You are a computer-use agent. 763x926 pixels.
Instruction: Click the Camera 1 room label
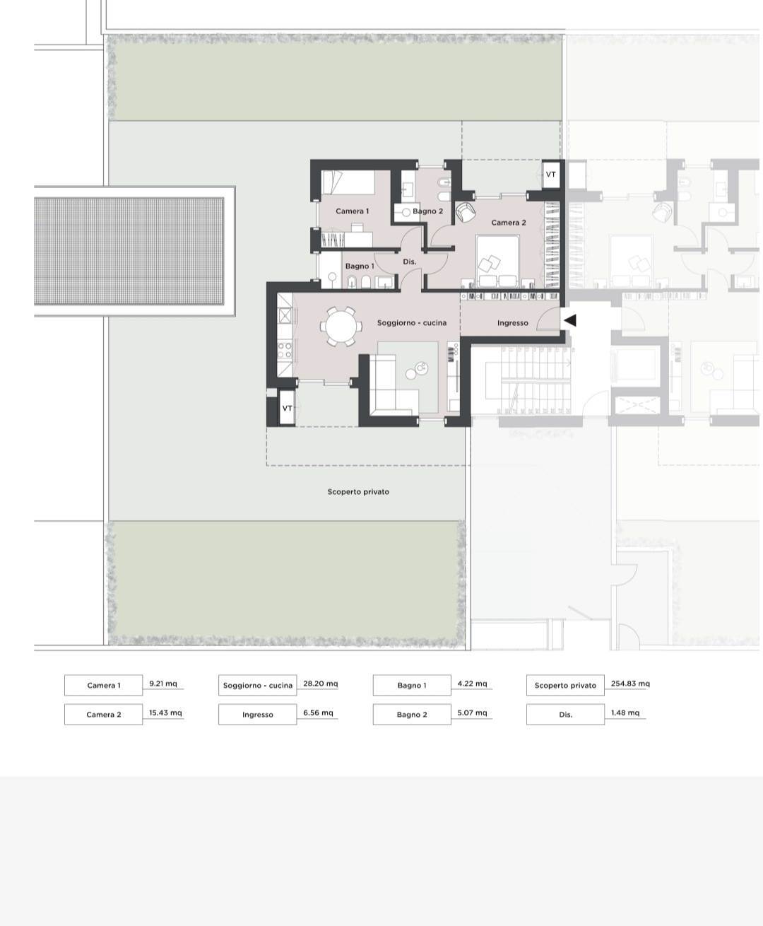tap(352, 211)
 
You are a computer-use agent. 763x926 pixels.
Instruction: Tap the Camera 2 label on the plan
tap(509, 223)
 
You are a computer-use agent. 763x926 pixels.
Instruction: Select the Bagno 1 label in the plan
tap(360, 266)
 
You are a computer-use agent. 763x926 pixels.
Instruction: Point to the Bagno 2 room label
tap(427, 211)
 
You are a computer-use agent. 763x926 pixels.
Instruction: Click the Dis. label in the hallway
tap(409, 262)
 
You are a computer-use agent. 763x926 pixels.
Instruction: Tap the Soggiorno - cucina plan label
tap(411, 323)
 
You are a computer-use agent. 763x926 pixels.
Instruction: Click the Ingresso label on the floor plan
tap(512, 323)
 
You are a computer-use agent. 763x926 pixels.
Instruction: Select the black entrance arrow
tap(569, 320)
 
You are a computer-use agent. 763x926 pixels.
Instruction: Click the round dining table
tap(341, 327)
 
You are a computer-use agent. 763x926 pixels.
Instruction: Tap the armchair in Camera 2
tap(466, 212)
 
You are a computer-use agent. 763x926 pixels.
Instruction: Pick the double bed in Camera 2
tap(497, 262)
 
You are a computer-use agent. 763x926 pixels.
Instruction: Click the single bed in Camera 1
tap(348, 182)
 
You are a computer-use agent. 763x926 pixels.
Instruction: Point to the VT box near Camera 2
tap(550, 175)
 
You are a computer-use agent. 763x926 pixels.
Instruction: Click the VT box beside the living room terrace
tap(288, 408)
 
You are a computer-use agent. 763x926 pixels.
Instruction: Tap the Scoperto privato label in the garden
tap(358, 492)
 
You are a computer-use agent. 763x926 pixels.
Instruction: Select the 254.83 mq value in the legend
tap(630, 684)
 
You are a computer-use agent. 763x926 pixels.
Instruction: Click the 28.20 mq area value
tap(321, 684)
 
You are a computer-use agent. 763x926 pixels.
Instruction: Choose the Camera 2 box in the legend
tap(103, 715)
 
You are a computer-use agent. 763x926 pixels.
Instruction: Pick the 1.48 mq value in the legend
tap(625, 713)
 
